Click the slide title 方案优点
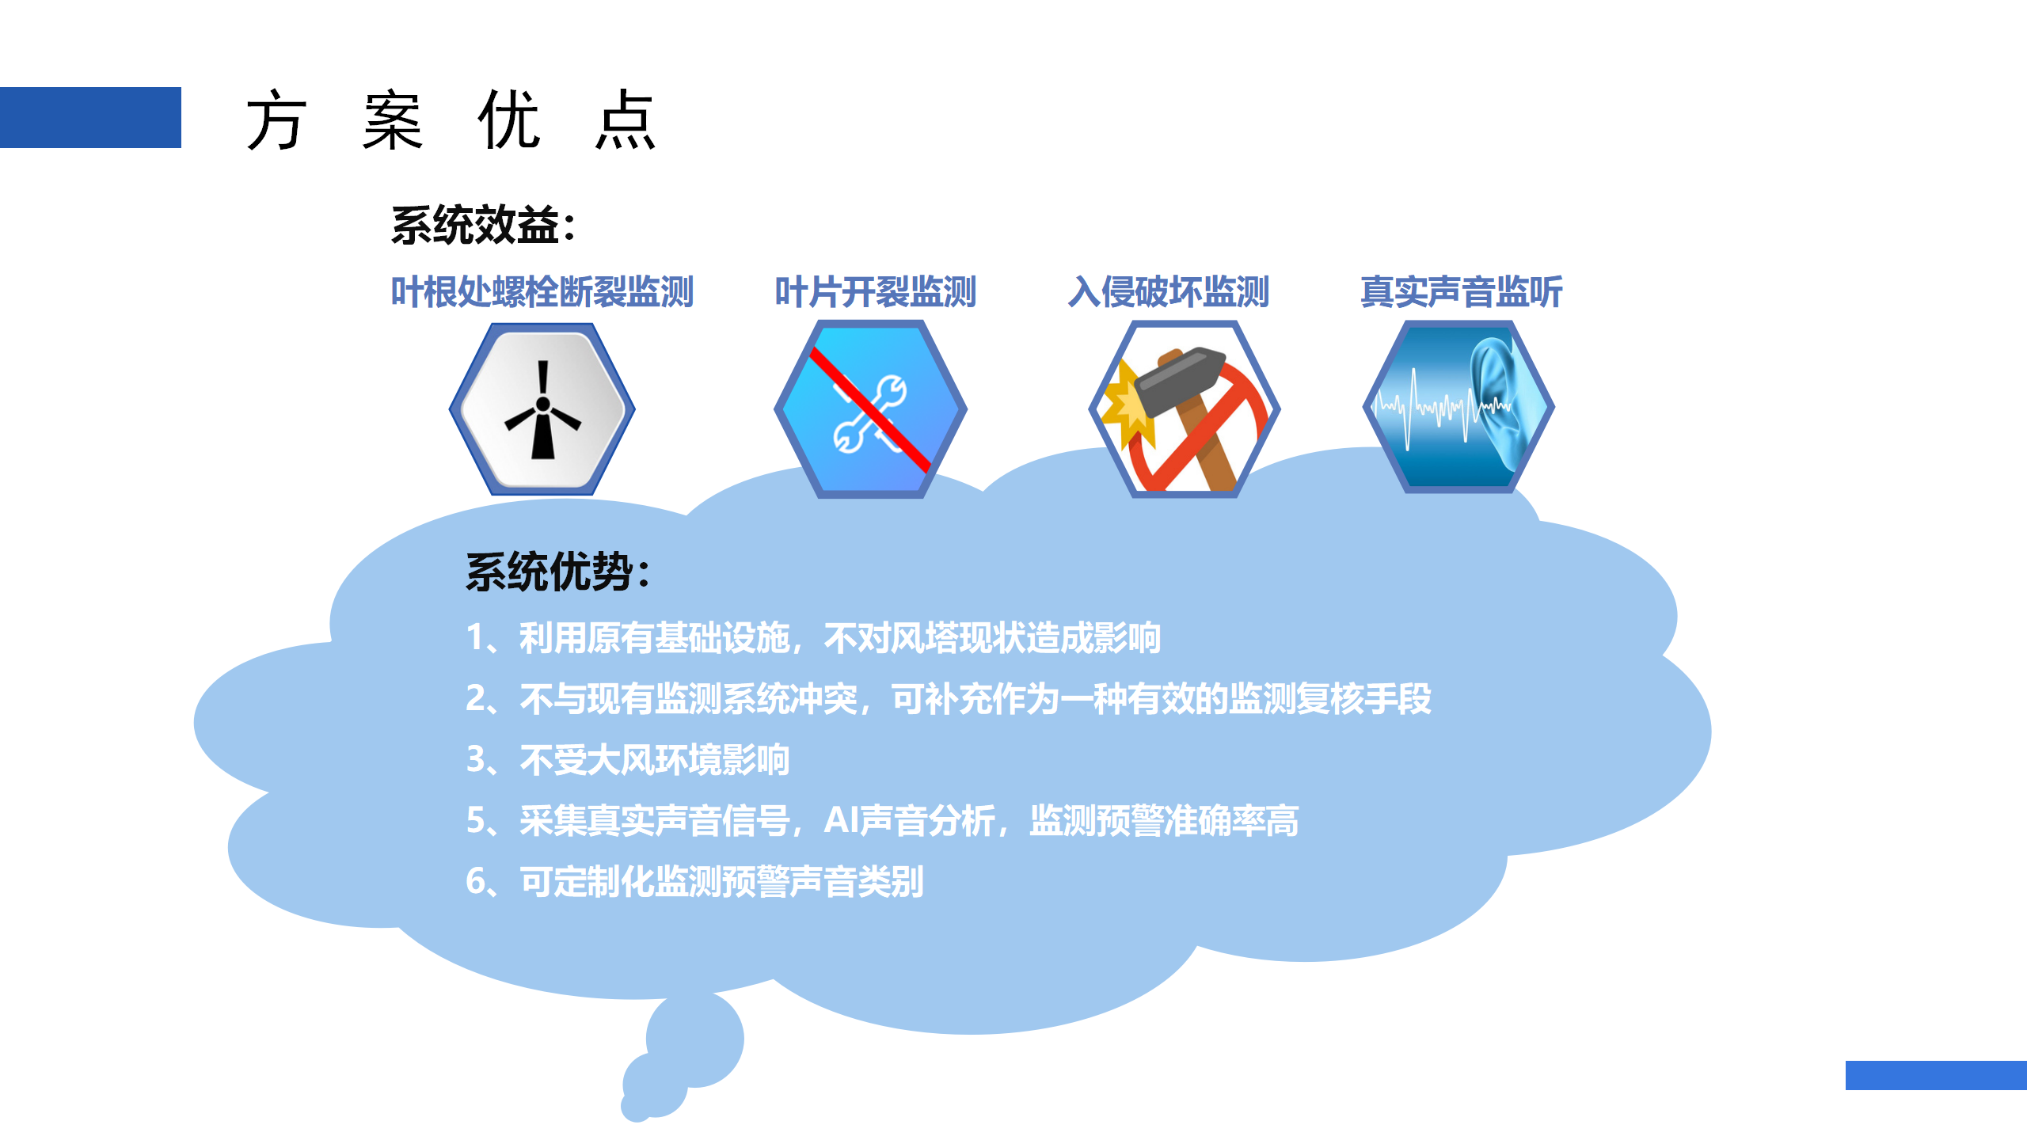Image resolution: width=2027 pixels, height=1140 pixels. tap(451, 120)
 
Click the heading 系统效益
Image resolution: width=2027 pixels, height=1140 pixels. tap(483, 226)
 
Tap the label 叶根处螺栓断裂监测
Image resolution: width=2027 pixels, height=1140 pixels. tap(542, 292)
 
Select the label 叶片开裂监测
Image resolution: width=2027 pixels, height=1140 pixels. tap(875, 292)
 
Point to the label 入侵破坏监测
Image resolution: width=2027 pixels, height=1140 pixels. tap(1169, 292)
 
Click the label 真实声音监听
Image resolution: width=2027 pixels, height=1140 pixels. tap(1462, 292)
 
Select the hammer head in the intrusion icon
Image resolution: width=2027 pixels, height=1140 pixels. tap(1180, 380)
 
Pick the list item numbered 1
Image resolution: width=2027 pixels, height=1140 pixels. tap(813, 638)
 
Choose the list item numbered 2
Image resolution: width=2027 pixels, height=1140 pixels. tap(948, 699)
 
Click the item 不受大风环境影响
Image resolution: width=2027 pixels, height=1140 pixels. tap(654, 760)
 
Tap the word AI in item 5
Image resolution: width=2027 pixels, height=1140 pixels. tap(840, 820)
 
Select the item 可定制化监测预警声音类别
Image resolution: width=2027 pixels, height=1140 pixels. tap(721, 881)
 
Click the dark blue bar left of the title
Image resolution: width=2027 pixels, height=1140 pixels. tap(90, 117)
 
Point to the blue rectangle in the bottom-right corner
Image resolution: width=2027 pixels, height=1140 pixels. tap(1936, 1075)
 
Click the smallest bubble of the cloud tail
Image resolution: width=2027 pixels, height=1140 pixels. tap(635, 1107)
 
